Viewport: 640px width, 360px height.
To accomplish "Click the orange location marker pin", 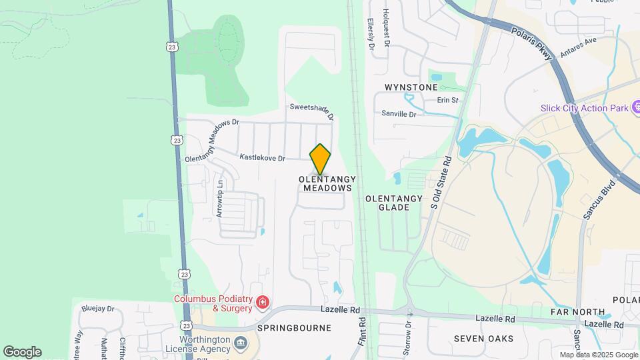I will click(321, 159).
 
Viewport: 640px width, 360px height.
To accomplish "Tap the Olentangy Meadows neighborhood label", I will click(327, 184).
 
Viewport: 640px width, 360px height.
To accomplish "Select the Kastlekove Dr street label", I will click(263, 158).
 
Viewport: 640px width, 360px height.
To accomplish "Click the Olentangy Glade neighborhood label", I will click(394, 203).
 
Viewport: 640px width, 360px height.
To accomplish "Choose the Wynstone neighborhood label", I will click(411, 87).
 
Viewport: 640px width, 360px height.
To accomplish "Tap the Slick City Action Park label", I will click(584, 108).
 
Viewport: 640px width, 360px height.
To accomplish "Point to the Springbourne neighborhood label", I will click(294, 328).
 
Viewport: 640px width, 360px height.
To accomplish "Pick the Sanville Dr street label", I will click(399, 114).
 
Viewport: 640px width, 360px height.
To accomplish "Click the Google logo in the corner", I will click(22, 352).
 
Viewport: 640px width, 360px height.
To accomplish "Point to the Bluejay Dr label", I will click(98, 309).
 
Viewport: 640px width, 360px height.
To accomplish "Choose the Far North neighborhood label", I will click(577, 312).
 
